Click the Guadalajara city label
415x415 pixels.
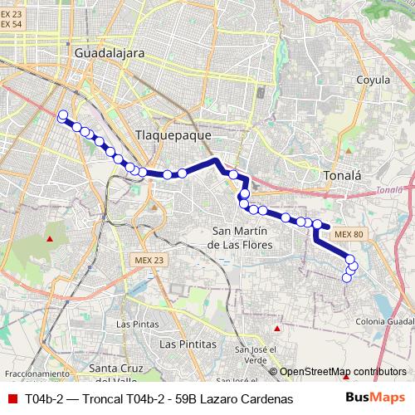point(110,52)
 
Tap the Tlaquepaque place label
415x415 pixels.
point(173,135)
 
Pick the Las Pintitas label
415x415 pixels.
point(188,343)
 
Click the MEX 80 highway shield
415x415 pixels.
point(349,235)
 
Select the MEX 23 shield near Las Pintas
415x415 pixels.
point(148,260)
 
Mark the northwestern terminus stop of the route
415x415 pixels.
point(62,115)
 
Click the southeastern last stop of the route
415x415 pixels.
point(347,278)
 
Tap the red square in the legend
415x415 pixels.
point(12,399)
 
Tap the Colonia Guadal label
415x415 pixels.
point(384,322)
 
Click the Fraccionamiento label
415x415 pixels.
point(34,374)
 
